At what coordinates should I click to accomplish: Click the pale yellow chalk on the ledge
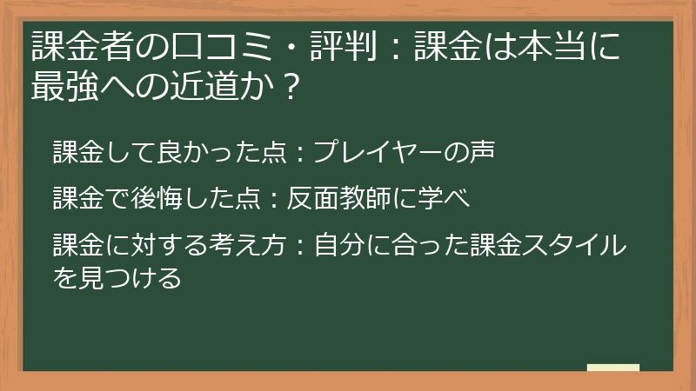[x=612, y=368]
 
